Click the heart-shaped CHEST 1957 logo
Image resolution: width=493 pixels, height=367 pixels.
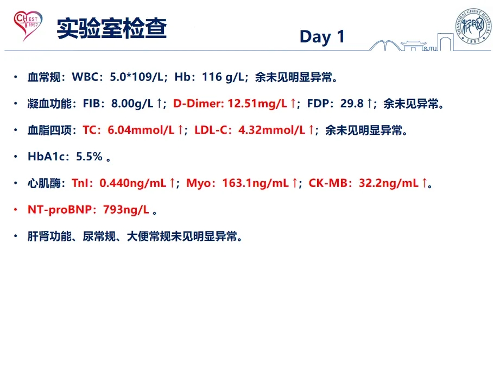point(28,26)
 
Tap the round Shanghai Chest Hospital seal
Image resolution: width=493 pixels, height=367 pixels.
point(473,26)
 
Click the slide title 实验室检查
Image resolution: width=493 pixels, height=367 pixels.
point(112,28)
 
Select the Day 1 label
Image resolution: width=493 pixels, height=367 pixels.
point(323,37)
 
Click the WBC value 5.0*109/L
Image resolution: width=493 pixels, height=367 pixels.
point(136,77)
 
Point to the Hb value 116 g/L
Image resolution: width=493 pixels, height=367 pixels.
point(223,77)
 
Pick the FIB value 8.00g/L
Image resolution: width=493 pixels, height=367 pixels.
point(132,103)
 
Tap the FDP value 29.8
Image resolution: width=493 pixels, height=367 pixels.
point(351,103)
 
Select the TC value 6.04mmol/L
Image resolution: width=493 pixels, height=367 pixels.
point(141,130)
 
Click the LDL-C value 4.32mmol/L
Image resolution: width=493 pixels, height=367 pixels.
point(271,130)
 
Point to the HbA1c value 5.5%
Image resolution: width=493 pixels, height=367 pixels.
point(89,157)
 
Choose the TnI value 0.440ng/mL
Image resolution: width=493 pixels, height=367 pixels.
point(132,183)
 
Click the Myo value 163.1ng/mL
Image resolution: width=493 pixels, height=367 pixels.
point(255,183)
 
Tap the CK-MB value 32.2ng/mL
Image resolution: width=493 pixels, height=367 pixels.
point(389,183)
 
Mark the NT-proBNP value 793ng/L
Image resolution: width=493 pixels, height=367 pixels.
point(126,210)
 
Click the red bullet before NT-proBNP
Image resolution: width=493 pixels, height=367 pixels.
point(15,210)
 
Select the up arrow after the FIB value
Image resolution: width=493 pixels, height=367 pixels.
point(160,103)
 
